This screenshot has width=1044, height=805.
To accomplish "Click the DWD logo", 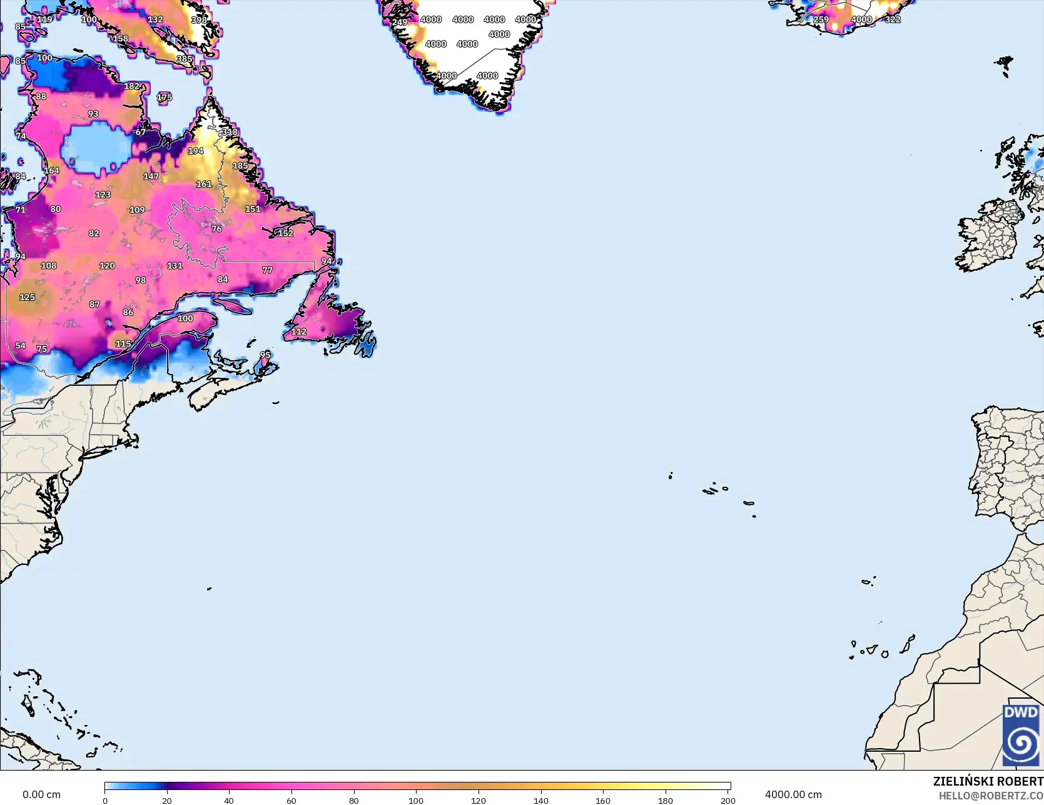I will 1020,734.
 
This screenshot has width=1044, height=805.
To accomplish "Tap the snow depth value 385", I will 185,59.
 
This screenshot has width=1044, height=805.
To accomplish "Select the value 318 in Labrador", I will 230,132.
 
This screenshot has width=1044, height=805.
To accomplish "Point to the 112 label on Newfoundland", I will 299,332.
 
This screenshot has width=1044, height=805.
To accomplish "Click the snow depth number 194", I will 196,151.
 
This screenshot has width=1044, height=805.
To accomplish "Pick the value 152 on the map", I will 285,233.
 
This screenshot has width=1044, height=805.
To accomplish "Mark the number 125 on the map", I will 27,297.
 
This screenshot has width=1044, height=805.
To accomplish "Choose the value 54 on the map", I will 21,345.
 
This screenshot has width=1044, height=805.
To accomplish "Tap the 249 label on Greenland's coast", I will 400,23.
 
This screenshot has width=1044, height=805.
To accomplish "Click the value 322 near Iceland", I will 893,19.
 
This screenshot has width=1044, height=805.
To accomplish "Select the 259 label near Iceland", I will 821,19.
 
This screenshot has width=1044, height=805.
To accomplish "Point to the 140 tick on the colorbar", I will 541,800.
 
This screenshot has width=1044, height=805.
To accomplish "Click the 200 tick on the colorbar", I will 727,800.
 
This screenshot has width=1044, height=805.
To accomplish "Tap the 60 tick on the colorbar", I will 291,800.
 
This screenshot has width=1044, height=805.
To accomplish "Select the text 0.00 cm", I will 42,794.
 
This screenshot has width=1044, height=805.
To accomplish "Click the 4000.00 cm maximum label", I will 793,794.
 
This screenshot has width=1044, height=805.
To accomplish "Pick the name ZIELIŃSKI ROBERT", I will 988,781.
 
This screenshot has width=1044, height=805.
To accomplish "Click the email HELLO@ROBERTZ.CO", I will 991,796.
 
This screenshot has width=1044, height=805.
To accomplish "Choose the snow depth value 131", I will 175,266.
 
